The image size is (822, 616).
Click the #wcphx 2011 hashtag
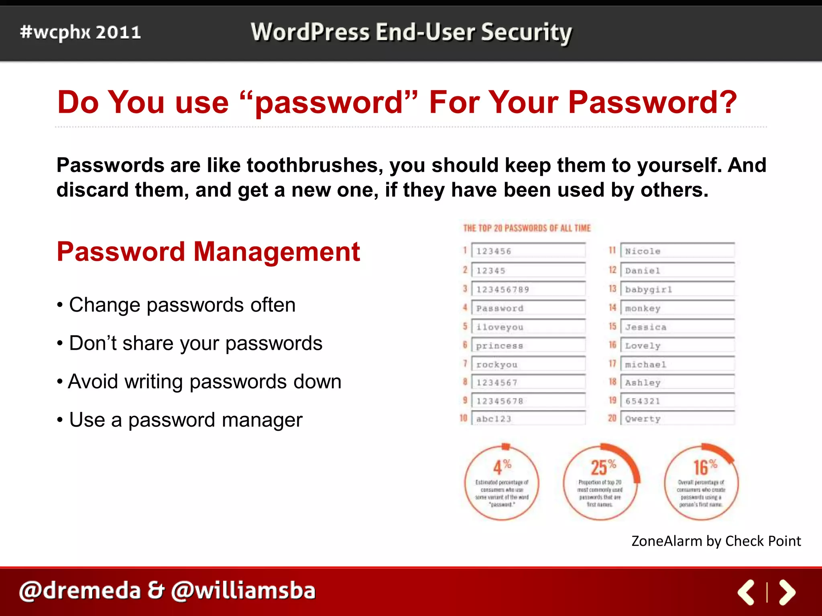pyautogui.click(x=80, y=32)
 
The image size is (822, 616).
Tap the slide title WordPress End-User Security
pyautogui.click(x=411, y=32)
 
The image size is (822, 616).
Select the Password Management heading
pyautogui.click(x=208, y=252)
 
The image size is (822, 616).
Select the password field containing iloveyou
pyautogui.click(x=528, y=327)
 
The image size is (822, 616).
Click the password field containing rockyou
pyautogui.click(x=528, y=364)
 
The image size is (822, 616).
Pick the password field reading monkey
pyautogui.click(x=677, y=308)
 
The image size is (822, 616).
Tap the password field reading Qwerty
pyautogui.click(x=677, y=418)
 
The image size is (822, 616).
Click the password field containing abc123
pyautogui.click(x=528, y=418)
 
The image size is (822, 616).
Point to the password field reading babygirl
pyautogui.click(x=677, y=289)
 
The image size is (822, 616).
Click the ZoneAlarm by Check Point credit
pyautogui.click(x=716, y=541)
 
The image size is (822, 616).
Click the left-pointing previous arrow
pyautogui.click(x=746, y=592)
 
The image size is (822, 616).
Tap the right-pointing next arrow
pyautogui.click(x=787, y=592)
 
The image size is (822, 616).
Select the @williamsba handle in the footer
pyautogui.click(x=243, y=591)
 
